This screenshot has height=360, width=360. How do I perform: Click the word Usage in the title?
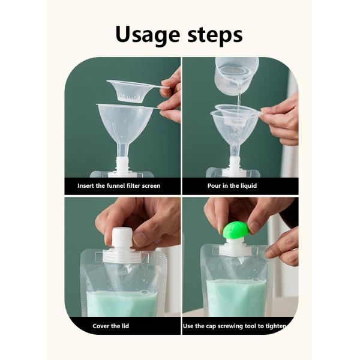click(x=148, y=34)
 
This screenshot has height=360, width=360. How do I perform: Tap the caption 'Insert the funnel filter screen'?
click(x=119, y=186)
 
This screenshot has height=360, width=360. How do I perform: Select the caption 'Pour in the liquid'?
click(x=232, y=186)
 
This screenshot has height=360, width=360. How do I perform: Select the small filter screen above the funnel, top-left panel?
click(x=130, y=90)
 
